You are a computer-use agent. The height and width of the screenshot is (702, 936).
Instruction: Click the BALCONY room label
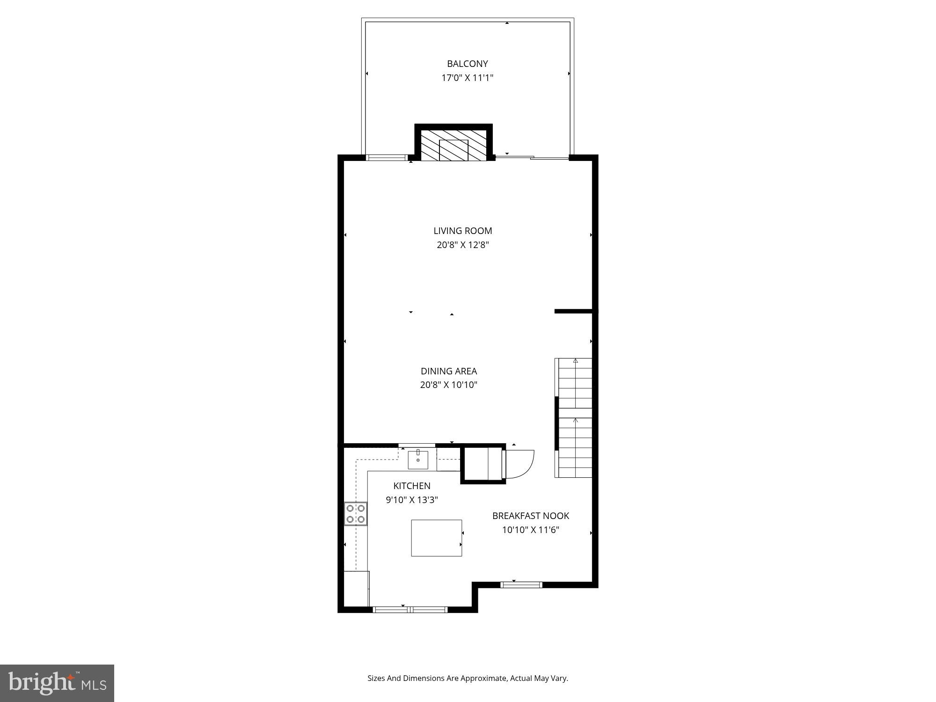pyautogui.click(x=467, y=64)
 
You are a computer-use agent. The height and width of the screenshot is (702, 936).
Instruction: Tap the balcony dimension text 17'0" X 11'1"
pyautogui.click(x=467, y=78)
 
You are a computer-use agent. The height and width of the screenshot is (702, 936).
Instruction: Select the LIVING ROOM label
pyautogui.click(x=462, y=231)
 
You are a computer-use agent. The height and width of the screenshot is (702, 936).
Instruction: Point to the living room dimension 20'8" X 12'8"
pyautogui.click(x=462, y=245)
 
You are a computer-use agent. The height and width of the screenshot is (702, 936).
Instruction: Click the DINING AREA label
pyautogui.click(x=448, y=371)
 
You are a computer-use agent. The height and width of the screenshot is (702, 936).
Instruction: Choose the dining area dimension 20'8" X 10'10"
pyautogui.click(x=448, y=385)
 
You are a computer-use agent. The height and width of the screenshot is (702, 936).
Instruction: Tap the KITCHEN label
pyautogui.click(x=411, y=486)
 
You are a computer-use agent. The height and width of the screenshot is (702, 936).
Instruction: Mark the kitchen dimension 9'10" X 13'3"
pyautogui.click(x=411, y=500)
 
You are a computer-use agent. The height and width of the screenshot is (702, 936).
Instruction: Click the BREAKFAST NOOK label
pyautogui.click(x=530, y=516)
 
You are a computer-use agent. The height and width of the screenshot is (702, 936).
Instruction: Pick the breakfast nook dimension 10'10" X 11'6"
pyautogui.click(x=530, y=530)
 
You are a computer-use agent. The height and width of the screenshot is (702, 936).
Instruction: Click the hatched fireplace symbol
pyautogui.click(x=453, y=145)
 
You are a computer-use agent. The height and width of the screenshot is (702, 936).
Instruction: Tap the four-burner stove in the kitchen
pyautogui.click(x=356, y=513)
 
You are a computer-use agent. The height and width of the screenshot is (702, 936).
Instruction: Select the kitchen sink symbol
pyautogui.click(x=417, y=460)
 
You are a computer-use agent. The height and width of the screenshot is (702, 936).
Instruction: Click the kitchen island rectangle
pyautogui.click(x=436, y=538)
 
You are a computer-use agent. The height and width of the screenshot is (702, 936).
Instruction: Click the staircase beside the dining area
pyautogui.click(x=574, y=417)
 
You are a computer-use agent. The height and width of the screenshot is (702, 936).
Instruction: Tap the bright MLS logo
pyautogui.click(x=57, y=683)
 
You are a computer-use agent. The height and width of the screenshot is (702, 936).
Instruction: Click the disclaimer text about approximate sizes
pyautogui.click(x=467, y=678)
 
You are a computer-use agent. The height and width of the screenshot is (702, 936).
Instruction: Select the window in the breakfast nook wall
pyautogui.click(x=521, y=585)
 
